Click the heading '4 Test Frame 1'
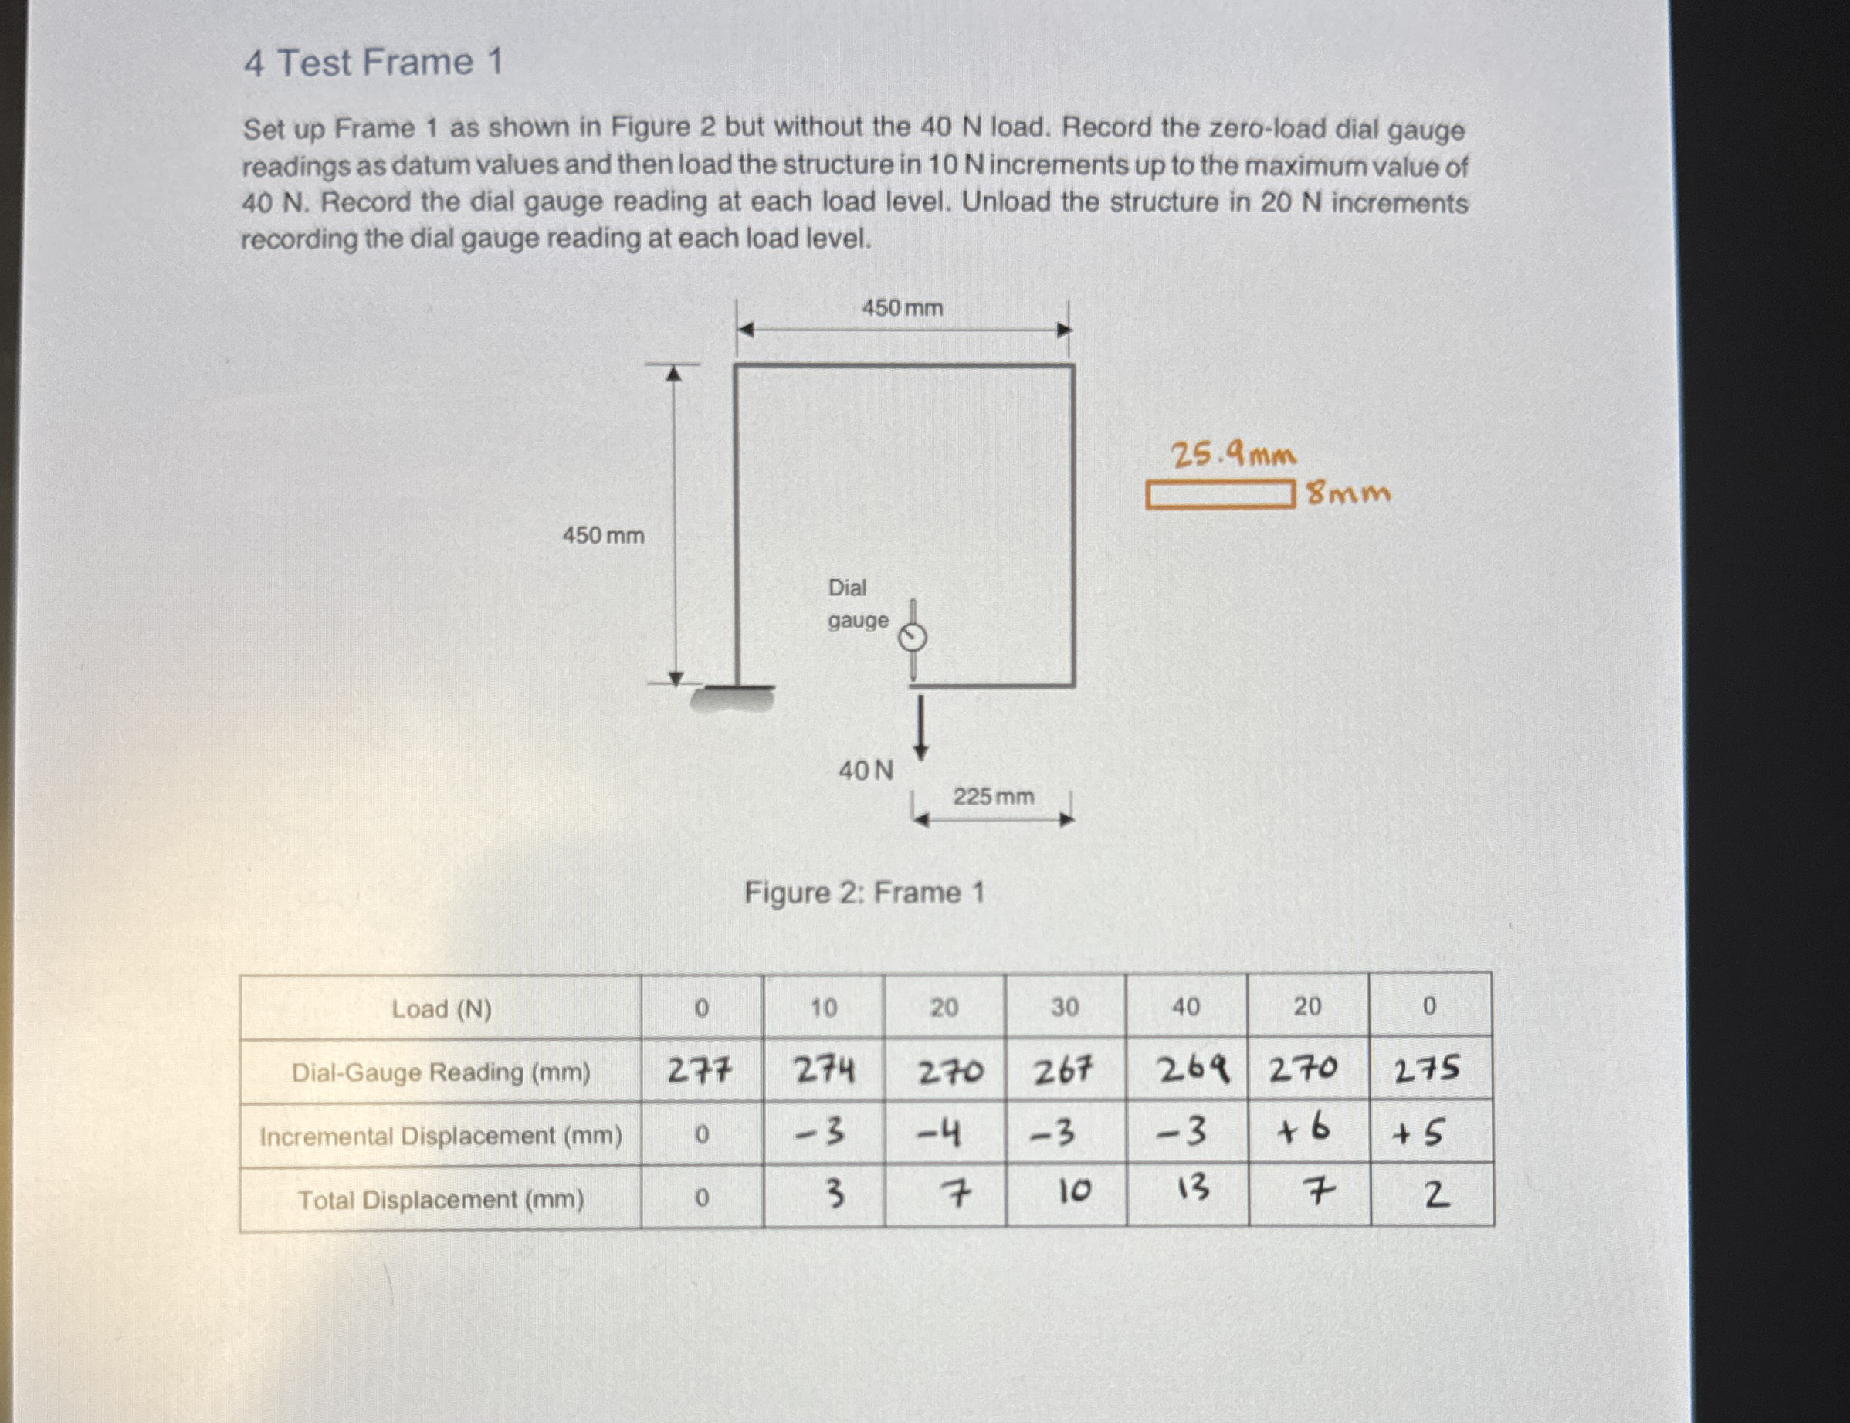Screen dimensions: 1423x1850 (x=373, y=63)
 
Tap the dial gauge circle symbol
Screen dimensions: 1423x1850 (x=913, y=637)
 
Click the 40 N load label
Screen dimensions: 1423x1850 (x=865, y=771)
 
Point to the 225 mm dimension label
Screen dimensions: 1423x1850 (x=993, y=796)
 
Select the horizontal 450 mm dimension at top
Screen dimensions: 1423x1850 (x=902, y=307)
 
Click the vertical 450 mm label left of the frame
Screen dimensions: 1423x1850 (x=603, y=535)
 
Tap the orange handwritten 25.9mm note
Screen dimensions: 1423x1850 (x=1233, y=456)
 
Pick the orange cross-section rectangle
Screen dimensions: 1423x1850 (x=1220, y=496)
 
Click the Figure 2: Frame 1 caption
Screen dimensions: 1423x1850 (x=864, y=893)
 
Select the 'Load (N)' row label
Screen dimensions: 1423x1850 (x=442, y=1009)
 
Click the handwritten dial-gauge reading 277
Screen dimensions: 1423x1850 (x=700, y=1072)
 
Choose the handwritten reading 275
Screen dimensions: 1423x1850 (x=1428, y=1069)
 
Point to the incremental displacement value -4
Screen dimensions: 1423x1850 (x=940, y=1133)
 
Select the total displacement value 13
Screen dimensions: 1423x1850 (x=1194, y=1190)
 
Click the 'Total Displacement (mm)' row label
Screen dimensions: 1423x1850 (x=440, y=1199)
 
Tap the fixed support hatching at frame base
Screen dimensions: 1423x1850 (x=733, y=699)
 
